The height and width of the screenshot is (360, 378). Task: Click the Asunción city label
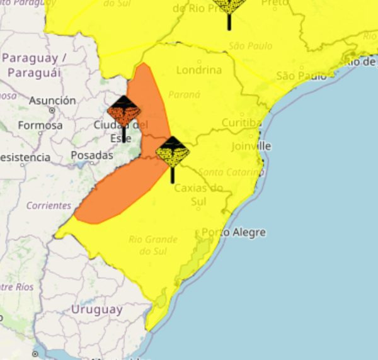[52, 101]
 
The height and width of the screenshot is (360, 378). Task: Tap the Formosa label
[40, 125]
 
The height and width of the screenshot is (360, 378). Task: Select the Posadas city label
[92, 155]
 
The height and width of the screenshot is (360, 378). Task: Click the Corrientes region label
[49, 205]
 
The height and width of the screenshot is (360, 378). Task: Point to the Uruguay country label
[96, 310]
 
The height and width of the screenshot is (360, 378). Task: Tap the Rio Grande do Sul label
[153, 245]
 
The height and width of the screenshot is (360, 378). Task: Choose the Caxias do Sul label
[198, 194]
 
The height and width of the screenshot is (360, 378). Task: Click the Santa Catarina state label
[231, 172]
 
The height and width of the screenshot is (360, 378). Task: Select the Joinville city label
[251, 146]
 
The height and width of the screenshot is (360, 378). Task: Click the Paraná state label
[185, 94]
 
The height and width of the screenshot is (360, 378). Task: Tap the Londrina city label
[199, 70]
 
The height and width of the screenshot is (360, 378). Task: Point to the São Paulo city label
[301, 76]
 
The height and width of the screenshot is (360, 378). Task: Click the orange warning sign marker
[123, 111]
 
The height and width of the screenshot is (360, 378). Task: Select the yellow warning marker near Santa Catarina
[172, 152]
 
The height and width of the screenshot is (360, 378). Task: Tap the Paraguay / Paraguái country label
[34, 65]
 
